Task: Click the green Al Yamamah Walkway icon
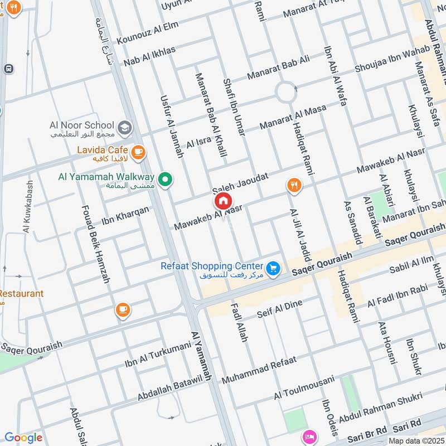(164, 179)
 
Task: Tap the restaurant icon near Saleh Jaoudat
(294, 185)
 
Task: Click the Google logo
(23, 438)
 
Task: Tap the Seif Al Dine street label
(279, 311)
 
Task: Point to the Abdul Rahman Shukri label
(381, 410)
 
